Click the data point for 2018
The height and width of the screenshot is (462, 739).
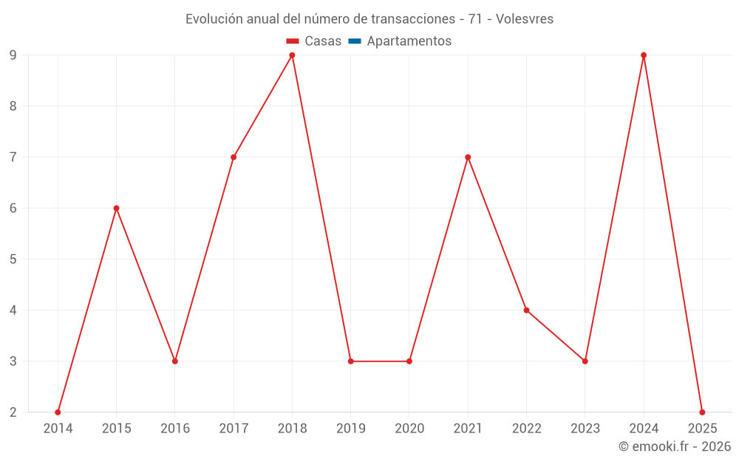[x=292, y=55]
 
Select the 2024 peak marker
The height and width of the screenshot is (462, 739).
[x=644, y=55]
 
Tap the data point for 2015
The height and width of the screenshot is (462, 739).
[x=116, y=208]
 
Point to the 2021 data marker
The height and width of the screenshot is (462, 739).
[x=468, y=157]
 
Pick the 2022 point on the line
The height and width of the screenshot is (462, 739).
[x=526, y=310]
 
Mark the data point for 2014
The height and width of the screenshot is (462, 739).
[x=58, y=412]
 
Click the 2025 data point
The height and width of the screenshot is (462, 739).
[x=702, y=412]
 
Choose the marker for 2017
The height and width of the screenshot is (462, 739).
[x=234, y=157]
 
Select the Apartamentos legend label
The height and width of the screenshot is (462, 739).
[x=409, y=41]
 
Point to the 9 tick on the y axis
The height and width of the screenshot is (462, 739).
[x=13, y=55]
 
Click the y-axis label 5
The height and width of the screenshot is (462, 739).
[x=13, y=259]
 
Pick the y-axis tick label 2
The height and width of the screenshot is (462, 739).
[x=13, y=412]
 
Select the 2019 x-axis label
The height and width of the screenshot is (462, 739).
[x=350, y=429]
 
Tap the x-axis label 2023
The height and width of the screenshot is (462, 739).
[x=585, y=429]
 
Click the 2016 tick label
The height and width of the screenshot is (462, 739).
[x=175, y=429]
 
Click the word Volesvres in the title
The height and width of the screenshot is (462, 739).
[x=525, y=19]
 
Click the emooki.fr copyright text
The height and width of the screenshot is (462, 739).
[x=675, y=446]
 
